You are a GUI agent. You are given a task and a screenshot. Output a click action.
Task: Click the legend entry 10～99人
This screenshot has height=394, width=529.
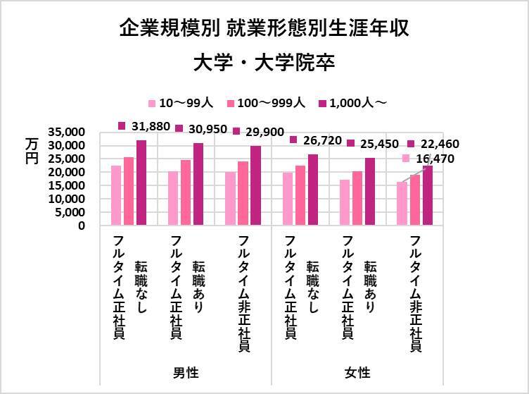point(179,103)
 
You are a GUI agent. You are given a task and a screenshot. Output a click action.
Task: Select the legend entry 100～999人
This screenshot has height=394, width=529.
point(260,103)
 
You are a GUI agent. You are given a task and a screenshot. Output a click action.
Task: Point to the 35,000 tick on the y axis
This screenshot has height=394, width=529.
point(68,132)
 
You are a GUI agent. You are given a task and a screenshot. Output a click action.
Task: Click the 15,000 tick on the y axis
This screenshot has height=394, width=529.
point(68,185)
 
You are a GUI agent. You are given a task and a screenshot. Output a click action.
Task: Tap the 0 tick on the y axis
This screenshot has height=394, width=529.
point(82,226)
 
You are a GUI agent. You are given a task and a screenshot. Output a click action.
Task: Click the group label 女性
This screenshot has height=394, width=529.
point(357,371)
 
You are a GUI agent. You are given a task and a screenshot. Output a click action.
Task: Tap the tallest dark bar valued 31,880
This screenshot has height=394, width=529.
point(141,183)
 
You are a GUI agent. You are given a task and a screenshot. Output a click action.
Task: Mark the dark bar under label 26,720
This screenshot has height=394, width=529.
point(313,190)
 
